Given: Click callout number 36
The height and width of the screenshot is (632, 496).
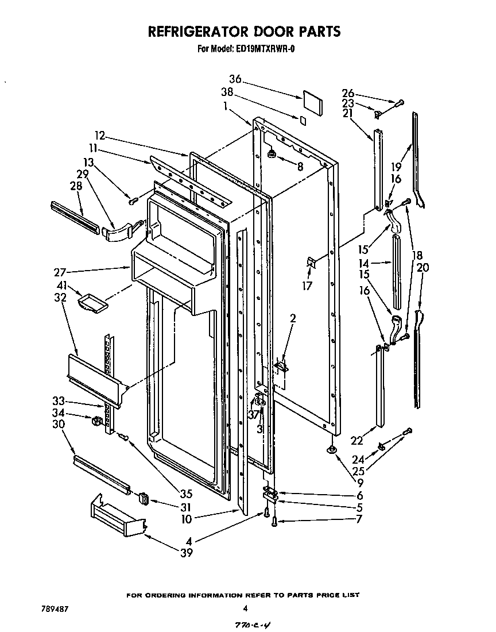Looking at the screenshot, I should pyautogui.click(x=235, y=79).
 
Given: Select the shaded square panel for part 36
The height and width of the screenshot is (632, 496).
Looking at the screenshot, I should pyautogui.click(x=313, y=101).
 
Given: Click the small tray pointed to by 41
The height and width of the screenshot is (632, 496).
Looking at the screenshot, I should pyautogui.click(x=92, y=303).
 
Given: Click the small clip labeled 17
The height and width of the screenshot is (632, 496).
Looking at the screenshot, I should pyautogui.click(x=311, y=262).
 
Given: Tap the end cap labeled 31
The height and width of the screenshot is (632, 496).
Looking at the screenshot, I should pyautogui.click(x=144, y=498).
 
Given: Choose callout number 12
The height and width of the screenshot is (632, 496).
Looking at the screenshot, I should pyautogui.click(x=100, y=136).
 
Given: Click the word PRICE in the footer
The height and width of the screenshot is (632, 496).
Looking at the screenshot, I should pyautogui.click(x=319, y=595).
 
